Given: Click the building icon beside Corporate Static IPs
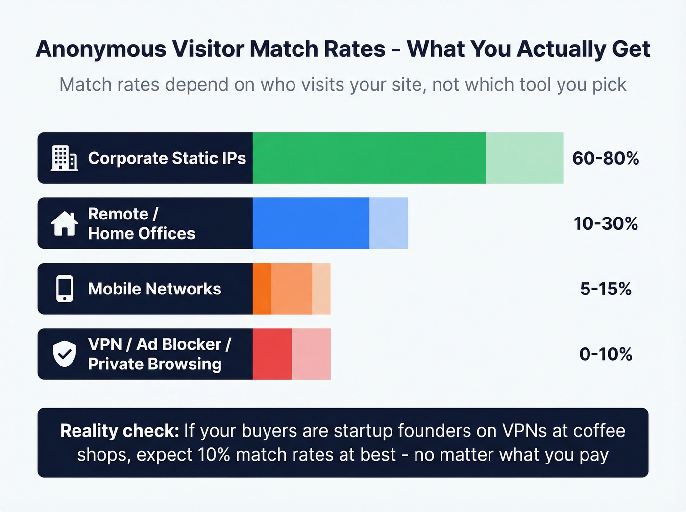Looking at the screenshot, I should (64, 158).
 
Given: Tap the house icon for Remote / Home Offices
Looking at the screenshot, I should (64, 223).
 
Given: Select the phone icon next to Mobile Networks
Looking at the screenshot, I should (65, 289).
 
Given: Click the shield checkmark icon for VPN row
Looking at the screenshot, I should (65, 354).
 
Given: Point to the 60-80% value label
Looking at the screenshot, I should (606, 158).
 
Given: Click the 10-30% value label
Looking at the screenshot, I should (606, 223).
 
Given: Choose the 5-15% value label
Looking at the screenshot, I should (606, 289).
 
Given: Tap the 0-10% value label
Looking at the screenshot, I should (606, 354).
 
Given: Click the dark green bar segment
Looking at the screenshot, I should (369, 158).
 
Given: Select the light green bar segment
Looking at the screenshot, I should (524, 158).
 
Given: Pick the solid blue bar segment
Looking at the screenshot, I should (311, 223).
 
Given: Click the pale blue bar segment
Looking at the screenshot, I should (389, 223).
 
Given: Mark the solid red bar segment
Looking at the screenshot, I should (272, 354).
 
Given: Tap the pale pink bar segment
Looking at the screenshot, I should (311, 354).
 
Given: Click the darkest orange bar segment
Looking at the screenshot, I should (262, 289).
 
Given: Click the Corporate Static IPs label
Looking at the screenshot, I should (167, 158).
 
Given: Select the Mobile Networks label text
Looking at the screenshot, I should (154, 289).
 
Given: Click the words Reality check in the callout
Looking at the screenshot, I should (120, 431).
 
